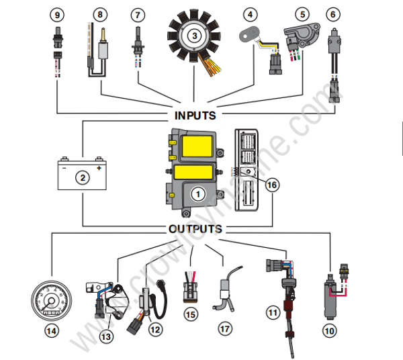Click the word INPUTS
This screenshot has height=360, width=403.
(195, 115)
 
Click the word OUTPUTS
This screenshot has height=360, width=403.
(195, 229)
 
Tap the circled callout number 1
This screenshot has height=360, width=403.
(197, 193)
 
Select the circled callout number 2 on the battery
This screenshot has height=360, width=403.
(82, 178)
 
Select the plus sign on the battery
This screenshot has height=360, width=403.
(98, 169)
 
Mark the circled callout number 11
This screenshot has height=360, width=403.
(272, 312)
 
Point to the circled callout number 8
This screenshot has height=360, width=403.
(100, 13)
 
